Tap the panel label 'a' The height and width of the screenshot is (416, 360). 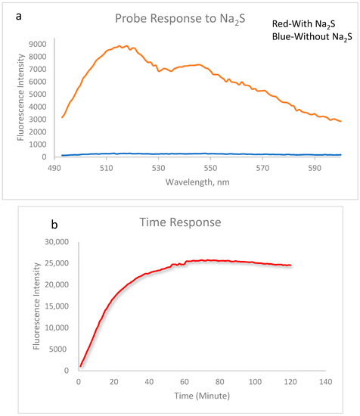click(10, 8)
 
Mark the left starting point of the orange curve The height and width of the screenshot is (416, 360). click(62, 117)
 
